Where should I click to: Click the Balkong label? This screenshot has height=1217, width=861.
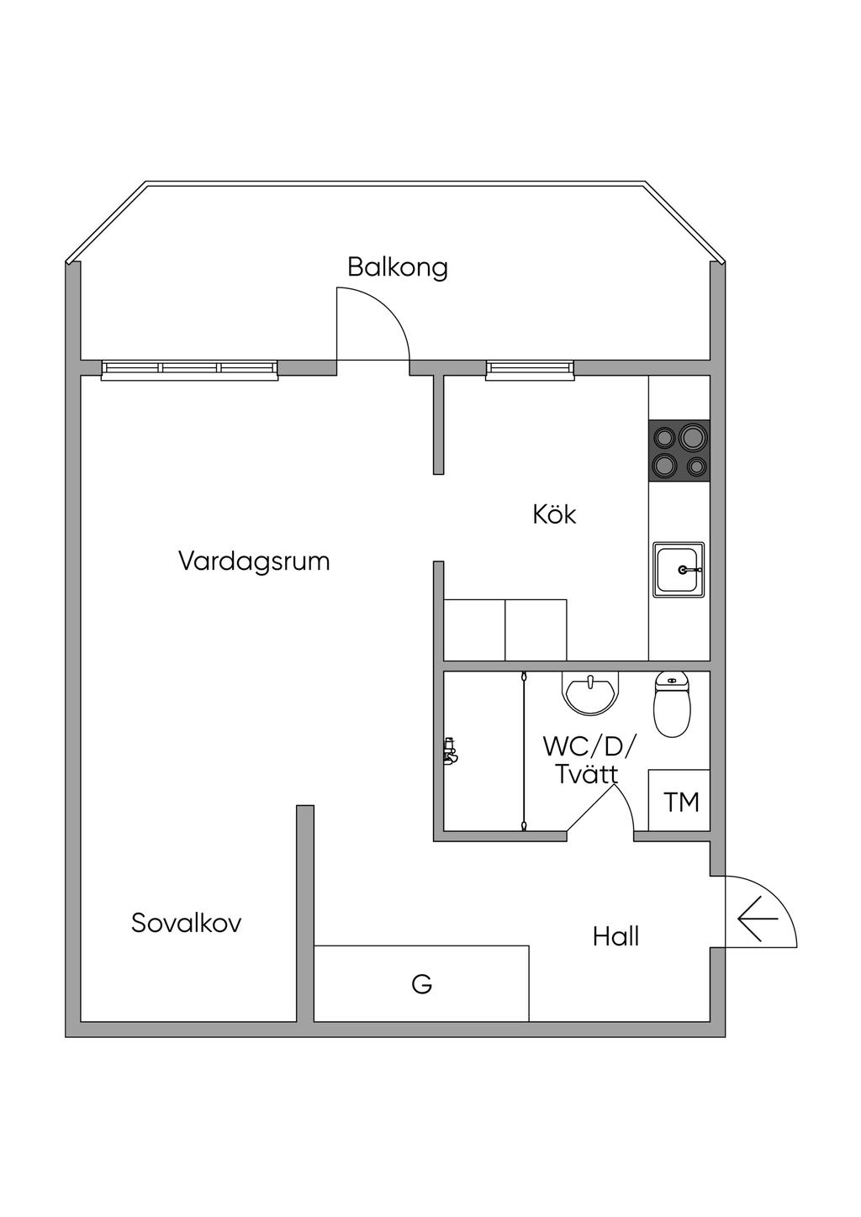pyautogui.click(x=398, y=267)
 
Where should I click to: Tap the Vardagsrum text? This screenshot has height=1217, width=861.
pyautogui.click(x=254, y=561)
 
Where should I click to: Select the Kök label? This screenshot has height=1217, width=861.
pyautogui.click(x=554, y=514)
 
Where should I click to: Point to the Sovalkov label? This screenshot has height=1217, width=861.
pyautogui.click(x=187, y=923)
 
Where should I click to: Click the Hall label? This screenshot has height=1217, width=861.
pyautogui.click(x=615, y=936)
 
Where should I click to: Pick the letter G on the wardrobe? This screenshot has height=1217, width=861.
pyautogui.click(x=421, y=984)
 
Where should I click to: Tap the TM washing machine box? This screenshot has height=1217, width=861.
pyautogui.click(x=680, y=801)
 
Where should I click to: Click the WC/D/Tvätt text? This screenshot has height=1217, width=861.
pyautogui.click(x=589, y=759)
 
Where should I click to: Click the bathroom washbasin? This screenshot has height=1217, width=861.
pyautogui.click(x=590, y=693)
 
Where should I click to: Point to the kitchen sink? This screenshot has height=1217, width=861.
pyautogui.click(x=679, y=570)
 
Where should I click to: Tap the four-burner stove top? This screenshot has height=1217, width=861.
pyautogui.click(x=679, y=450)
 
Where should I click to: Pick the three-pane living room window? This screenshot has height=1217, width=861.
pyautogui.click(x=189, y=369)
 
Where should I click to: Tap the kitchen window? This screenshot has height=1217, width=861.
pyautogui.click(x=530, y=369)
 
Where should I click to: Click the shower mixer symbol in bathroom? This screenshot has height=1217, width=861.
pyautogui.click(x=451, y=751)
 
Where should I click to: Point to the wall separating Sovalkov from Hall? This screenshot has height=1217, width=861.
pyautogui.click(x=305, y=913)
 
